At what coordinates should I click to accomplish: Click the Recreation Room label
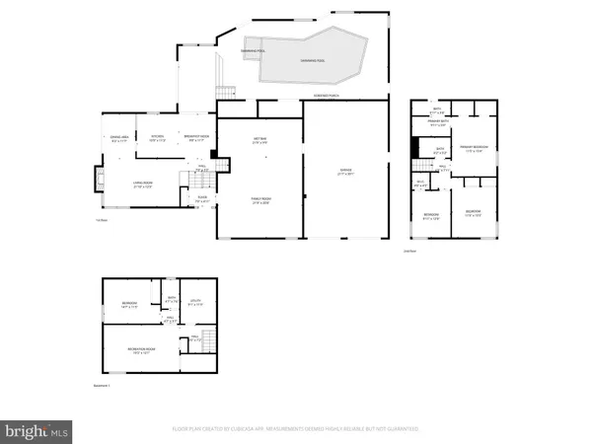pyautogui.click(x=145, y=351)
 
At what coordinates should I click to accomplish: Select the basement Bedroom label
pyautogui.click(x=129, y=305)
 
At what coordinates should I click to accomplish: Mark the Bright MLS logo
pyautogui.click(x=37, y=430)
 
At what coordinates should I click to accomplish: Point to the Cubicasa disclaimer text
pyautogui.click(x=295, y=429)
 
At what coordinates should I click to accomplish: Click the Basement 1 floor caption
pyautogui.click(x=101, y=386)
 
